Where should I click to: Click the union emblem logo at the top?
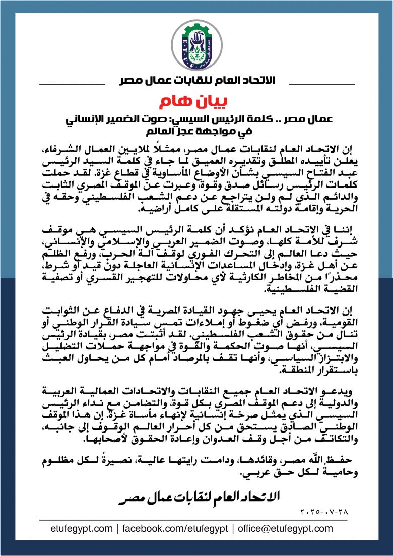point(196,43)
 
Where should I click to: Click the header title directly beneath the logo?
point(196,81)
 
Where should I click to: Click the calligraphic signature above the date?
point(196,498)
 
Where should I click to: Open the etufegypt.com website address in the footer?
point(82,529)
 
